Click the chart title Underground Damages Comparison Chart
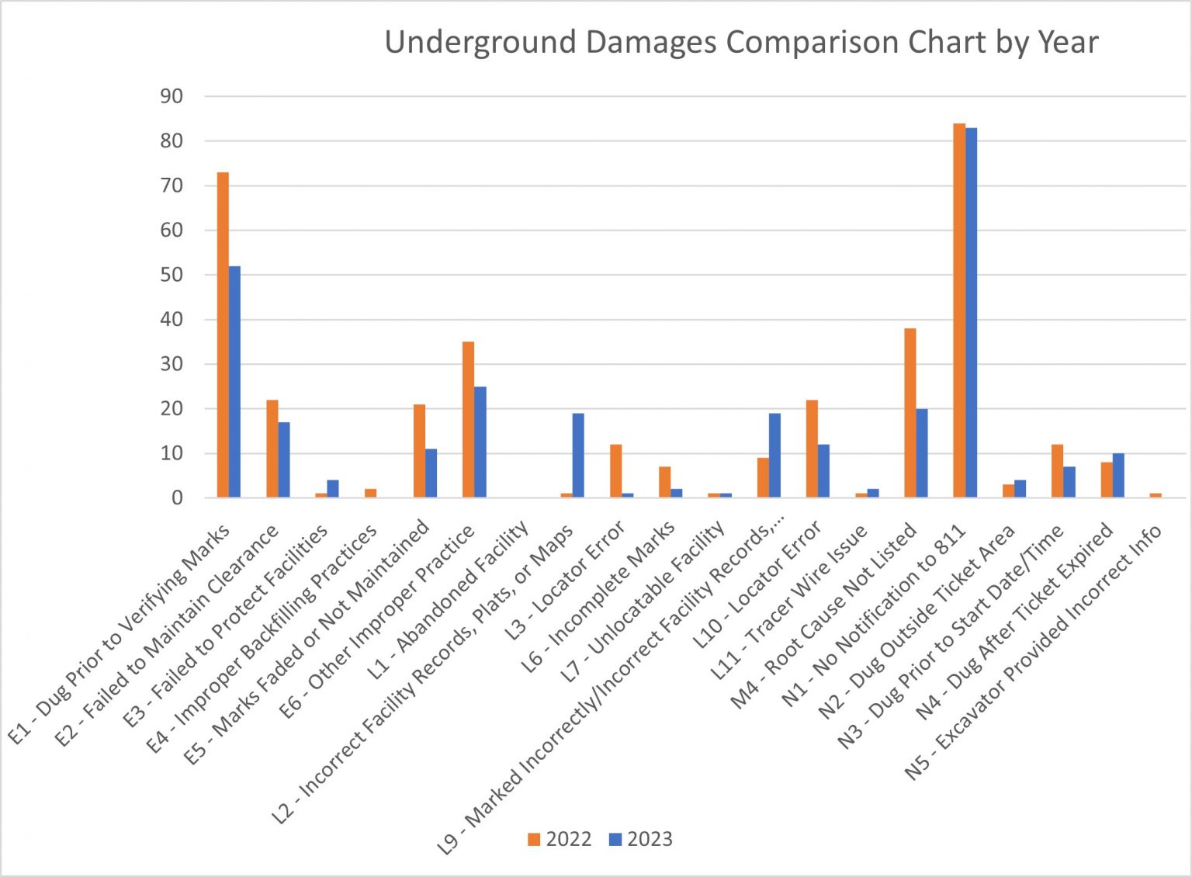[x=741, y=42]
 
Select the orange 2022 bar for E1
[x=223, y=335]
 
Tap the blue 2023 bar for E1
[x=234, y=382]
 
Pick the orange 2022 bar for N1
[x=959, y=310]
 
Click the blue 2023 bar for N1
[x=971, y=313]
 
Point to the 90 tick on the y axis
[x=172, y=96]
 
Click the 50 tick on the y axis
[x=172, y=275]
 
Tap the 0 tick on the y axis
[x=177, y=497]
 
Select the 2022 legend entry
[x=560, y=840]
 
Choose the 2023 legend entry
[x=641, y=840]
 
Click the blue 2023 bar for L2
[x=578, y=456]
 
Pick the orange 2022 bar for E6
[x=468, y=420]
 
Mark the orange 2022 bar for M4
[x=910, y=413]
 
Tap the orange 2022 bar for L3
[x=615, y=471]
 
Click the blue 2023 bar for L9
[x=774, y=456]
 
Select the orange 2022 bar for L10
[x=812, y=449]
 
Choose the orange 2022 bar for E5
[x=419, y=451]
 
